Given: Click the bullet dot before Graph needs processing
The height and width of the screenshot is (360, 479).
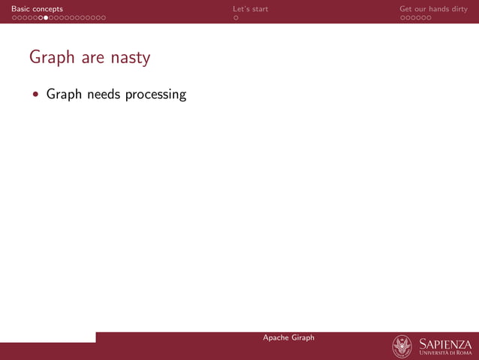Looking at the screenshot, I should tap(35, 95).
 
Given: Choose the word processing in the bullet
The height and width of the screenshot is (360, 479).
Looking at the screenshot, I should tap(156, 95).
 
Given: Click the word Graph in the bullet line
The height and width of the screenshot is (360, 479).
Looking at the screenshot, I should tap(65, 95).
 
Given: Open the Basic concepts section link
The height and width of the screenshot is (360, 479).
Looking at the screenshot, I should tap(37, 9).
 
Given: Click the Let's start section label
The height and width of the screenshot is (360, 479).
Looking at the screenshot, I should tap(250, 9).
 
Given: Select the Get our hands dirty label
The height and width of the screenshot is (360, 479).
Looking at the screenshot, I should tap(433, 9).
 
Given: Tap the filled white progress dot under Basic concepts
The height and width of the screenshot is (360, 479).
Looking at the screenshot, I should tap(46, 17).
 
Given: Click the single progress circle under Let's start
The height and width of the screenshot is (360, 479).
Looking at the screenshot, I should tap(236, 17).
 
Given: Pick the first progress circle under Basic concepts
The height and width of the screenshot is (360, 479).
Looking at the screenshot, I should tap(14, 17).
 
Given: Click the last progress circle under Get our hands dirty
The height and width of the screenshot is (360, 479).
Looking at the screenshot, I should tap(429, 17).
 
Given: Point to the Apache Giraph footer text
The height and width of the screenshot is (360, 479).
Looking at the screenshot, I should tap(288, 337).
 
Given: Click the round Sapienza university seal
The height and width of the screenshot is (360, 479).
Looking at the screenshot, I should tap(402, 346).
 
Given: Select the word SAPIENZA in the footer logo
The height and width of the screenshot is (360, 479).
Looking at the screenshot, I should tap(446, 343).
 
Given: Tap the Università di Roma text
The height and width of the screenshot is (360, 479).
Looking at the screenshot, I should tap(446, 353).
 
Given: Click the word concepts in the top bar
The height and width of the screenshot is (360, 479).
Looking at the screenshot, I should tap(47, 9).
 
